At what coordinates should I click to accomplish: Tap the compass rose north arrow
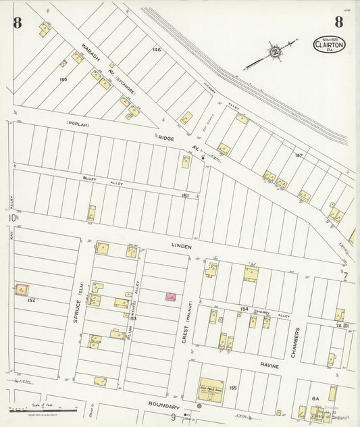coord(275,51)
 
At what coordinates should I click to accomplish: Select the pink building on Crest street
coord(171,297)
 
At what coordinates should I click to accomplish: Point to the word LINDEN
coord(182,247)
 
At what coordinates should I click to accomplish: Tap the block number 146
coord(157,50)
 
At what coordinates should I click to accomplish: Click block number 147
coord(298,155)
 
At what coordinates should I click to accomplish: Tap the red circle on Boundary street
coord(199,406)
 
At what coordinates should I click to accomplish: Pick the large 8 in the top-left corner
coord(18,22)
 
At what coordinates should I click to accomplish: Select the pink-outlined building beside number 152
coord(22,289)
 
